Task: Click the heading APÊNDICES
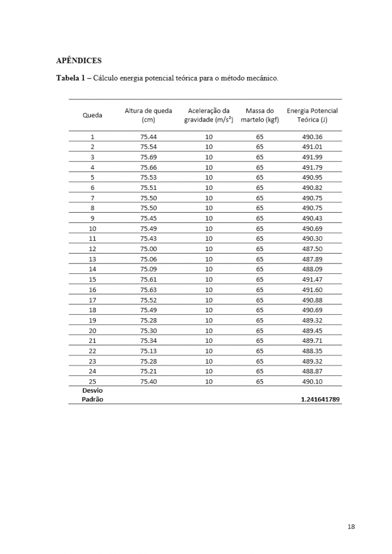coord(79,60)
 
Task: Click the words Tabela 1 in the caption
coord(70,78)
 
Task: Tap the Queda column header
coord(92,115)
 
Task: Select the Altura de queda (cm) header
coord(148,115)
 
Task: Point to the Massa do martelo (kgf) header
coord(259,115)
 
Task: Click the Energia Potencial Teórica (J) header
coord(312,115)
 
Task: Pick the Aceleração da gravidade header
coord(208,115)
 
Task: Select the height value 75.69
coord(148,157)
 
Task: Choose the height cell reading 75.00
coord(148,249)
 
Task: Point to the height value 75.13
coord(148,351)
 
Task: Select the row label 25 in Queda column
coord(92,381)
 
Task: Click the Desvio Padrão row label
coord(92,395)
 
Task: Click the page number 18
coord(351,527)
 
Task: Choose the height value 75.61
coord(148,279)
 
